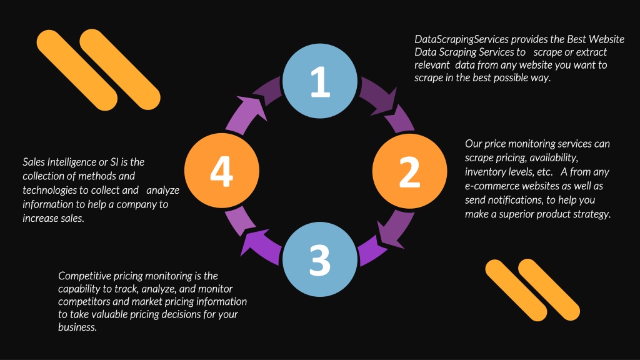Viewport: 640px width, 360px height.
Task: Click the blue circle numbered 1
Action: click(x=320, y=81)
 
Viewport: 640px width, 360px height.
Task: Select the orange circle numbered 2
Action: click(x=409, y=171)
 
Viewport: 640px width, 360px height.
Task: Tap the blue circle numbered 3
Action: click(x=320, y=259)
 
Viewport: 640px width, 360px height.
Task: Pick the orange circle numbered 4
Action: click(x=222, y=171)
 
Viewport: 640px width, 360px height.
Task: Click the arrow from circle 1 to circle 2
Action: click(x=386, y=104)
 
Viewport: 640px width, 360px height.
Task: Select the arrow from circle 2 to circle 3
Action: click(x=386, y=239)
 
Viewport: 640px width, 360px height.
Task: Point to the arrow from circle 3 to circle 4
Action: click(x=255, y=237)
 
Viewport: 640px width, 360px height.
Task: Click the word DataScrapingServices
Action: click(x=462, y=39)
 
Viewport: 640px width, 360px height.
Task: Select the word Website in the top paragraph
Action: click(x=606, y=39)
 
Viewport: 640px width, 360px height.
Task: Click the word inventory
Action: click(x=484, y=172)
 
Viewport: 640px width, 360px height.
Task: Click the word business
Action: click(x=77, y=327)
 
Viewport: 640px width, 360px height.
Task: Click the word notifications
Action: click(x=516, y=200)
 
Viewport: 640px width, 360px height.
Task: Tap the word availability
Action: click(x=554, y=158)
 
